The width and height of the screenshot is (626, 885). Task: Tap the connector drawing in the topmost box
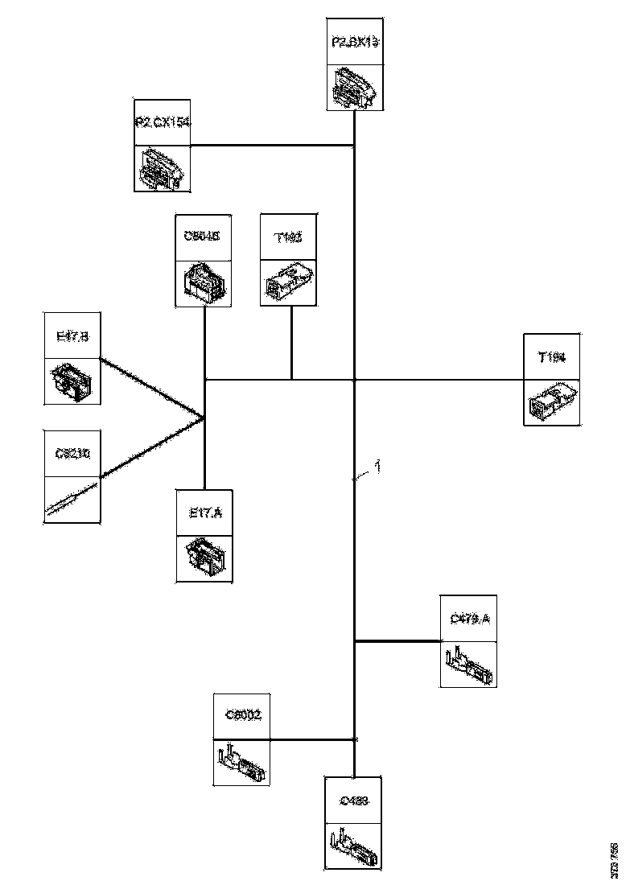[x=354, y=88]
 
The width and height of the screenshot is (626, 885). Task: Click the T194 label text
[x=552, y=357]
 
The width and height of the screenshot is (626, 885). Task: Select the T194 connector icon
[x=552, y=401]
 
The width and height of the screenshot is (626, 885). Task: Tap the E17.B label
[x=72, y=337]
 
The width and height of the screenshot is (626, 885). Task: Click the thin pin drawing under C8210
[x=72, y=500]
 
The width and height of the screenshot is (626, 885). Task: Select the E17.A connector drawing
[x=204, y=557]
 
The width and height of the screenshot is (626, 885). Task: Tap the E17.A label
[x=204, y=512]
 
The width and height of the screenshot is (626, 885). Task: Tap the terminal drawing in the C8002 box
[x=242, y=763]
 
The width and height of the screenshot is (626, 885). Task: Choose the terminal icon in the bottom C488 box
[x=354, y=845]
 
